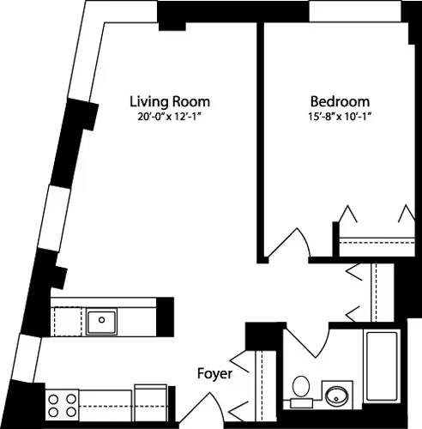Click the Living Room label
(169, 100)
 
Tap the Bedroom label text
(333, 100)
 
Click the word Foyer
(213, 374)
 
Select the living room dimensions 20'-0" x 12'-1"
(169, 116)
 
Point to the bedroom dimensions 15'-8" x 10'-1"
(333, 116)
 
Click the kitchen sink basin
(102, 321)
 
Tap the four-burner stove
(61, 401)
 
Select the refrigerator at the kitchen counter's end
(152, 400)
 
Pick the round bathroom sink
(336, 396)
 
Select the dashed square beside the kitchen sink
(69, 321)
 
